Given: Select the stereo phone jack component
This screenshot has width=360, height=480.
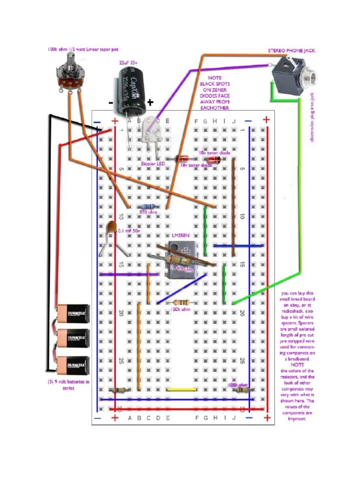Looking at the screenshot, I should coord(293,75).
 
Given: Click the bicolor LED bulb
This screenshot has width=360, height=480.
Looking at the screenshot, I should coord(150,136).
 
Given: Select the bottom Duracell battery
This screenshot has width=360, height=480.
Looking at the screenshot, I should coord(73,364).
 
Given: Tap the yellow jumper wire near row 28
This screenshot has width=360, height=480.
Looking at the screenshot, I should coord(182,389).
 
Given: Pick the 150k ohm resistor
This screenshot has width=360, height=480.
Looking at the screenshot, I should coord(182,302).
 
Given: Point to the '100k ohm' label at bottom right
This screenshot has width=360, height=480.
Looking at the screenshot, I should coord(238,384).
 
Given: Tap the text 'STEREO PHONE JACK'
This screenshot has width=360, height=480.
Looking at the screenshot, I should coord(285,50).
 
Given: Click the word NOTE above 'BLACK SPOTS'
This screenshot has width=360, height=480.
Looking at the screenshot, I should coord(214,78).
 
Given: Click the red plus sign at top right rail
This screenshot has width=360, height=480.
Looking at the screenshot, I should coord(266,120).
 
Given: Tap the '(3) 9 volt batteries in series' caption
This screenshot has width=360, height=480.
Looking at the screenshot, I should coord(68,384).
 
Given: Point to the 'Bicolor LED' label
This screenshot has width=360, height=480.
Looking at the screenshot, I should coord(154,164).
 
